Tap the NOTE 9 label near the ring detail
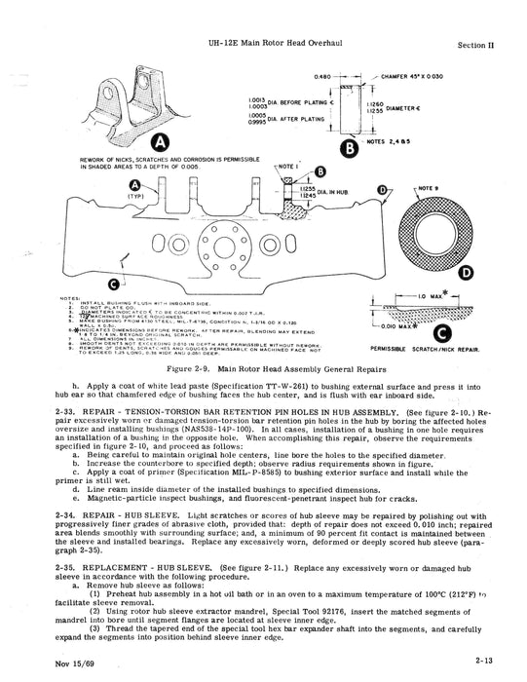coord(429,184)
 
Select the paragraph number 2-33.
coord(71,414)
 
